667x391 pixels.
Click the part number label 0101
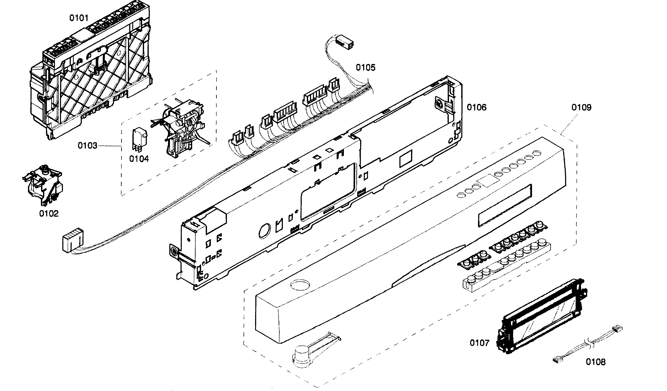pyautogui.click(x=79, y=18)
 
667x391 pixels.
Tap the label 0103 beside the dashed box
pyautogui.click(x=87, y=145)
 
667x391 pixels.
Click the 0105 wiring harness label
pyautogui.click(x=365, y=68)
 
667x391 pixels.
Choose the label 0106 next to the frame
pyautogui.click(x=477, y=107)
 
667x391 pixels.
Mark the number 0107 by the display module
pyautogui.click(x=479, y=343)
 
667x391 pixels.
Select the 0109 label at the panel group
pyautogui.click(x=581, y=107)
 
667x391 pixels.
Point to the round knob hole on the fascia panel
pyautogui.click(x=300, y=285)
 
